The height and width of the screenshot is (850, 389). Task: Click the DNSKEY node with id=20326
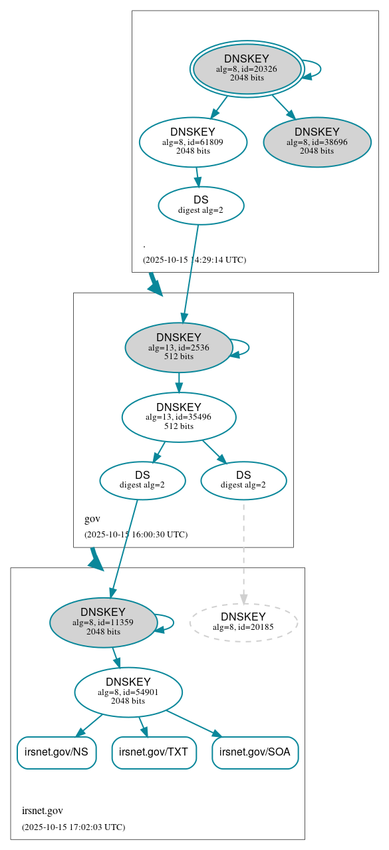point(247,69)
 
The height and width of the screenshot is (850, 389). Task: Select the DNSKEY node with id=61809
point(193,142)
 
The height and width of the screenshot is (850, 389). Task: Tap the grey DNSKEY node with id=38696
point(317,142)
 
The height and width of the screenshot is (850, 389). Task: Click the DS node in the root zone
point(201,205)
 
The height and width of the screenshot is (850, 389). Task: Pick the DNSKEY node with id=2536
point(178,347)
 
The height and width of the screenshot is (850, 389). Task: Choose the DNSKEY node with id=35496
point(179,416)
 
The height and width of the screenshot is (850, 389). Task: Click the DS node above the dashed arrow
point(243,480)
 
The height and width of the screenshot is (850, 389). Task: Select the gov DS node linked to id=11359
point(142,480)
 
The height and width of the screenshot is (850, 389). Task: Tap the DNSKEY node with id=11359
point(103,622)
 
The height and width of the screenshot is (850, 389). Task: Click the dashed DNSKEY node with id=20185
point(243,622)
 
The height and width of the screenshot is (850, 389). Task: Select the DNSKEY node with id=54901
point(128,692)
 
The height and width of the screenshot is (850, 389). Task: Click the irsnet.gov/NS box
point(57,752)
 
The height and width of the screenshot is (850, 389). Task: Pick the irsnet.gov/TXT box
point(154,752)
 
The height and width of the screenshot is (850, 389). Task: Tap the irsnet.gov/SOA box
point(255,752)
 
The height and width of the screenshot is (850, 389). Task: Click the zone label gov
point(92,519)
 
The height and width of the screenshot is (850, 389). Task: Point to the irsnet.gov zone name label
point(43,811)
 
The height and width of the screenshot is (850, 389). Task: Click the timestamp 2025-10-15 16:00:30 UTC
point(136,534)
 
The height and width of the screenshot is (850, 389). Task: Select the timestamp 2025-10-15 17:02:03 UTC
point(73,827)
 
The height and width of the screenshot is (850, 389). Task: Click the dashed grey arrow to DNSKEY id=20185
point(243,552)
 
